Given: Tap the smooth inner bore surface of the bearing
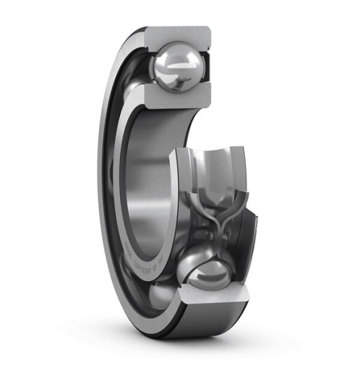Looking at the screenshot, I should point(151,168).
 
